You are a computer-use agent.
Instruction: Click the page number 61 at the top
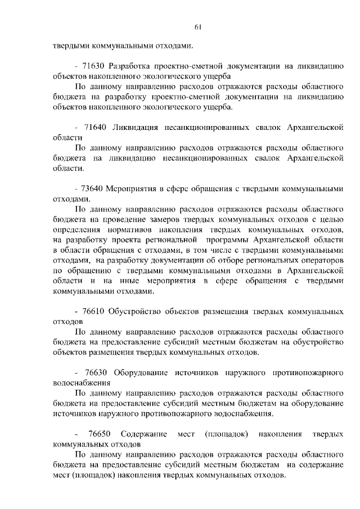click(198, 25)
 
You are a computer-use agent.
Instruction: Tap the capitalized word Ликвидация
click(135, 128)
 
